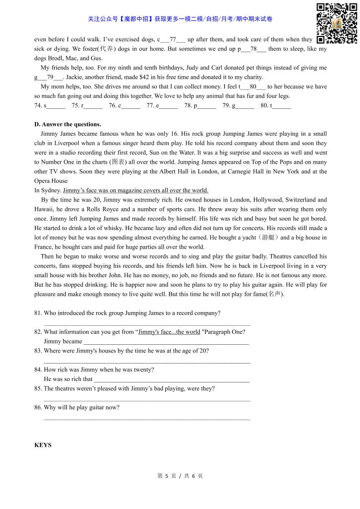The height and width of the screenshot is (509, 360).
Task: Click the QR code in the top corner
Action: coord(336,24)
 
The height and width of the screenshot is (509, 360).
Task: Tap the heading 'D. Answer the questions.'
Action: coord(68,124)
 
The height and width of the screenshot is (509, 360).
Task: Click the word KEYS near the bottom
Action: coord(43,445)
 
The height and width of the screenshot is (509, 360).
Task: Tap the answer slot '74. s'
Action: coord(49,106)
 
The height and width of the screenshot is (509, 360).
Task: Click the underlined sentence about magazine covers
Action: coord(135,191)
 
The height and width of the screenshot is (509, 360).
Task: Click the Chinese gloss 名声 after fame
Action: coord(274,294)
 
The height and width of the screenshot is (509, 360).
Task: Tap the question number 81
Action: coord(38,313)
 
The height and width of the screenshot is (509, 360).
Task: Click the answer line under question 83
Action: coord(147,362)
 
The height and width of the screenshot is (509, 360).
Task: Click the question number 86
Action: coord(38,407)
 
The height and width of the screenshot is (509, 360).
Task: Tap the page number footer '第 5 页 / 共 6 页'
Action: coord(180,476)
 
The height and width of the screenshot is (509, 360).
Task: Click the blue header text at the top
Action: coord(180,19)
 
